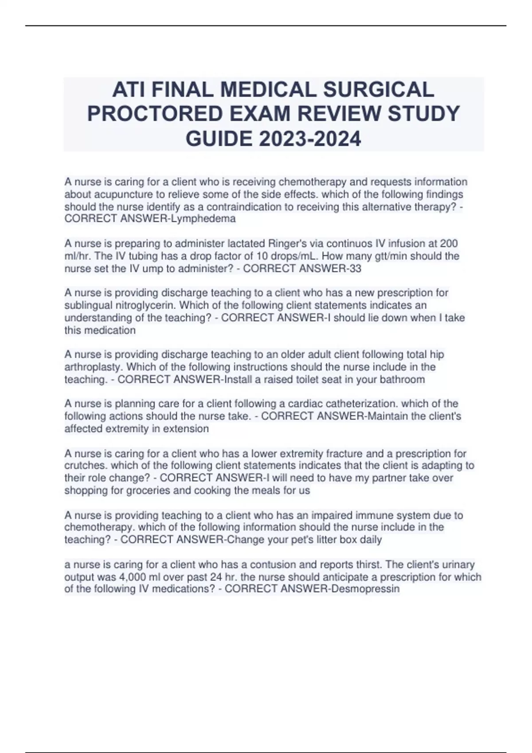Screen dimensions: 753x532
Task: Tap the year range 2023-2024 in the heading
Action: click(310, 139)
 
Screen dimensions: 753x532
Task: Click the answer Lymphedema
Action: click(211, 219)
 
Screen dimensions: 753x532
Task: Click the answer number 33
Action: click(356, 268)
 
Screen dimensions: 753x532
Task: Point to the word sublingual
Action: click(87, 306)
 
